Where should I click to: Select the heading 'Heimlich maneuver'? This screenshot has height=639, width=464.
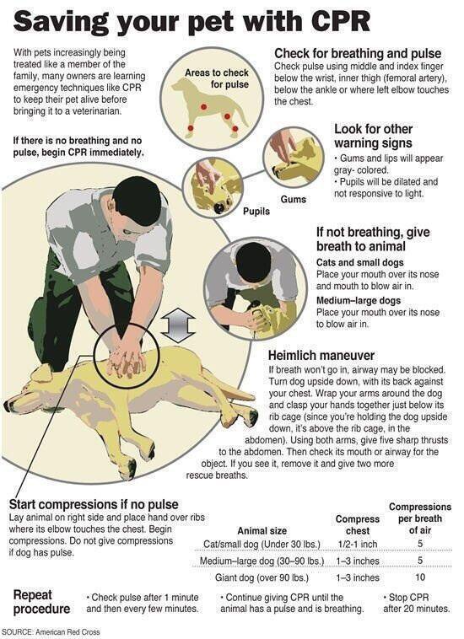pos(321,356)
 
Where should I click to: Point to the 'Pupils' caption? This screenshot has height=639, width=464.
pos(258,212)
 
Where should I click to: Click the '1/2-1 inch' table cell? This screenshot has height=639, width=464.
pos(357,544)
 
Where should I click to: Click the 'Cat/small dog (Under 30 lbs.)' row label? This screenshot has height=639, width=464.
pos(263,544)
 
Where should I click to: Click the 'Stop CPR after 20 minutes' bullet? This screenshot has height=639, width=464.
pos(414,602)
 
